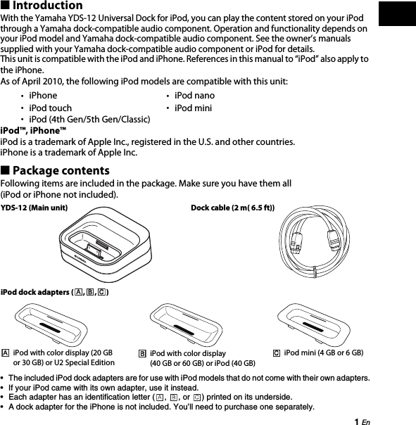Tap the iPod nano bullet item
pos(194,95)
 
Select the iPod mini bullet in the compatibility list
pos(193,108)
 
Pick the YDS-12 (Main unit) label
pos(34,208)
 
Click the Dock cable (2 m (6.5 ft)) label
pos(232,208)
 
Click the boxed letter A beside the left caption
pos(5,352)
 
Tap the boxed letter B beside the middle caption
pos(141,353)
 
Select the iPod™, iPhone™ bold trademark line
pos(34,131)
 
